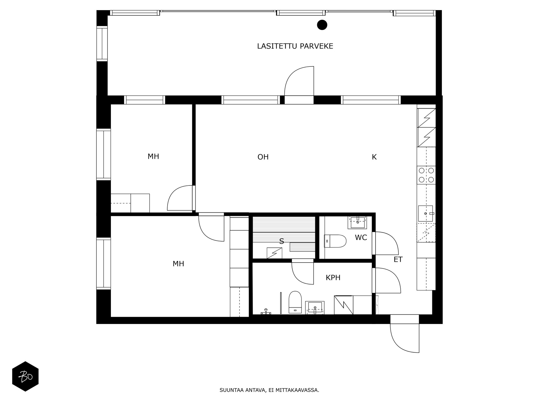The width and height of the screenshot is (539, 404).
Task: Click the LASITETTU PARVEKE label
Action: point(295,46)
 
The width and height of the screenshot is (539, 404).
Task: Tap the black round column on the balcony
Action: point(322,25)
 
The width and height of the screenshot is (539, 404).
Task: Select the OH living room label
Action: point(263,157)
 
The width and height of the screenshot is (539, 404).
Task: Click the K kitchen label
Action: point(374,157)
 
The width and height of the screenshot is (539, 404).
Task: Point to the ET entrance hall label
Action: point(398,260)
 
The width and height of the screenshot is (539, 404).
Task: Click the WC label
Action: point(361,238)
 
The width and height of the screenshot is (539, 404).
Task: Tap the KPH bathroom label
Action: point(333,278)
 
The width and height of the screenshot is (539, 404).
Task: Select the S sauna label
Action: point(282,241)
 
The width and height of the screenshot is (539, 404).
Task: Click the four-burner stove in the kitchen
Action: point(426,175)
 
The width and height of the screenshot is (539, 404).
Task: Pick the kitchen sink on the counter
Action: point(425,214)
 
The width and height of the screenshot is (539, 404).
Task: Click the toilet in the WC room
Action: point(335,241)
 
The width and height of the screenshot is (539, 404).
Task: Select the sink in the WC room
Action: point(357,222)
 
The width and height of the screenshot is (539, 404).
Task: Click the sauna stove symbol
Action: point(274,253)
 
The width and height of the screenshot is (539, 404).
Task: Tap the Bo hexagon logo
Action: point(25,376)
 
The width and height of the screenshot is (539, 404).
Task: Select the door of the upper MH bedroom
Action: point(180,198)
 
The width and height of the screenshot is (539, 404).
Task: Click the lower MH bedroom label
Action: point(178,264)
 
